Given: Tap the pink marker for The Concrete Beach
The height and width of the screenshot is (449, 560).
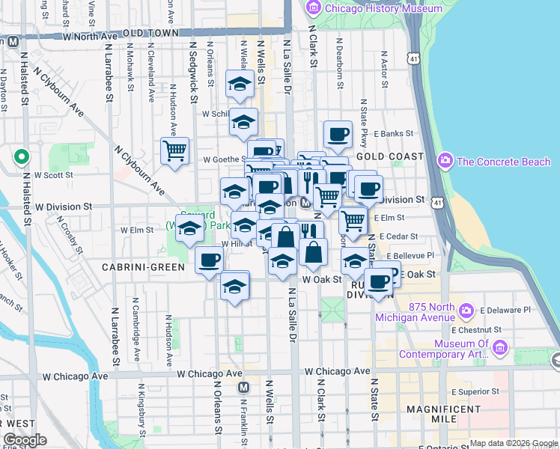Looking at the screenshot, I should pyautogui.click(x=446, y=161).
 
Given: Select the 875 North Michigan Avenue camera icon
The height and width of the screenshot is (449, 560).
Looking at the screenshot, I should pyautogui.click(x=466, y=310).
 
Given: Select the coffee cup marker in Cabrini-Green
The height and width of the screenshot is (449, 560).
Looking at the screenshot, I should pyautogui.click(x=209, y=260).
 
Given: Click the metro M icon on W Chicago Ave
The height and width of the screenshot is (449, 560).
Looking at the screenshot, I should pyautogui.click(x=243, y=387).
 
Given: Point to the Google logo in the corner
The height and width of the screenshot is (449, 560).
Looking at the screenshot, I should pyautogui.click(x=25, y=440).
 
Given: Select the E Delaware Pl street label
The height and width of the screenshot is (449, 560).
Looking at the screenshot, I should pyautogui.click(x=505, y=309).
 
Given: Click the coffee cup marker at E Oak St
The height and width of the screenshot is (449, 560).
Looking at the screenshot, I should pyautogui.click(x=379, y=281).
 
